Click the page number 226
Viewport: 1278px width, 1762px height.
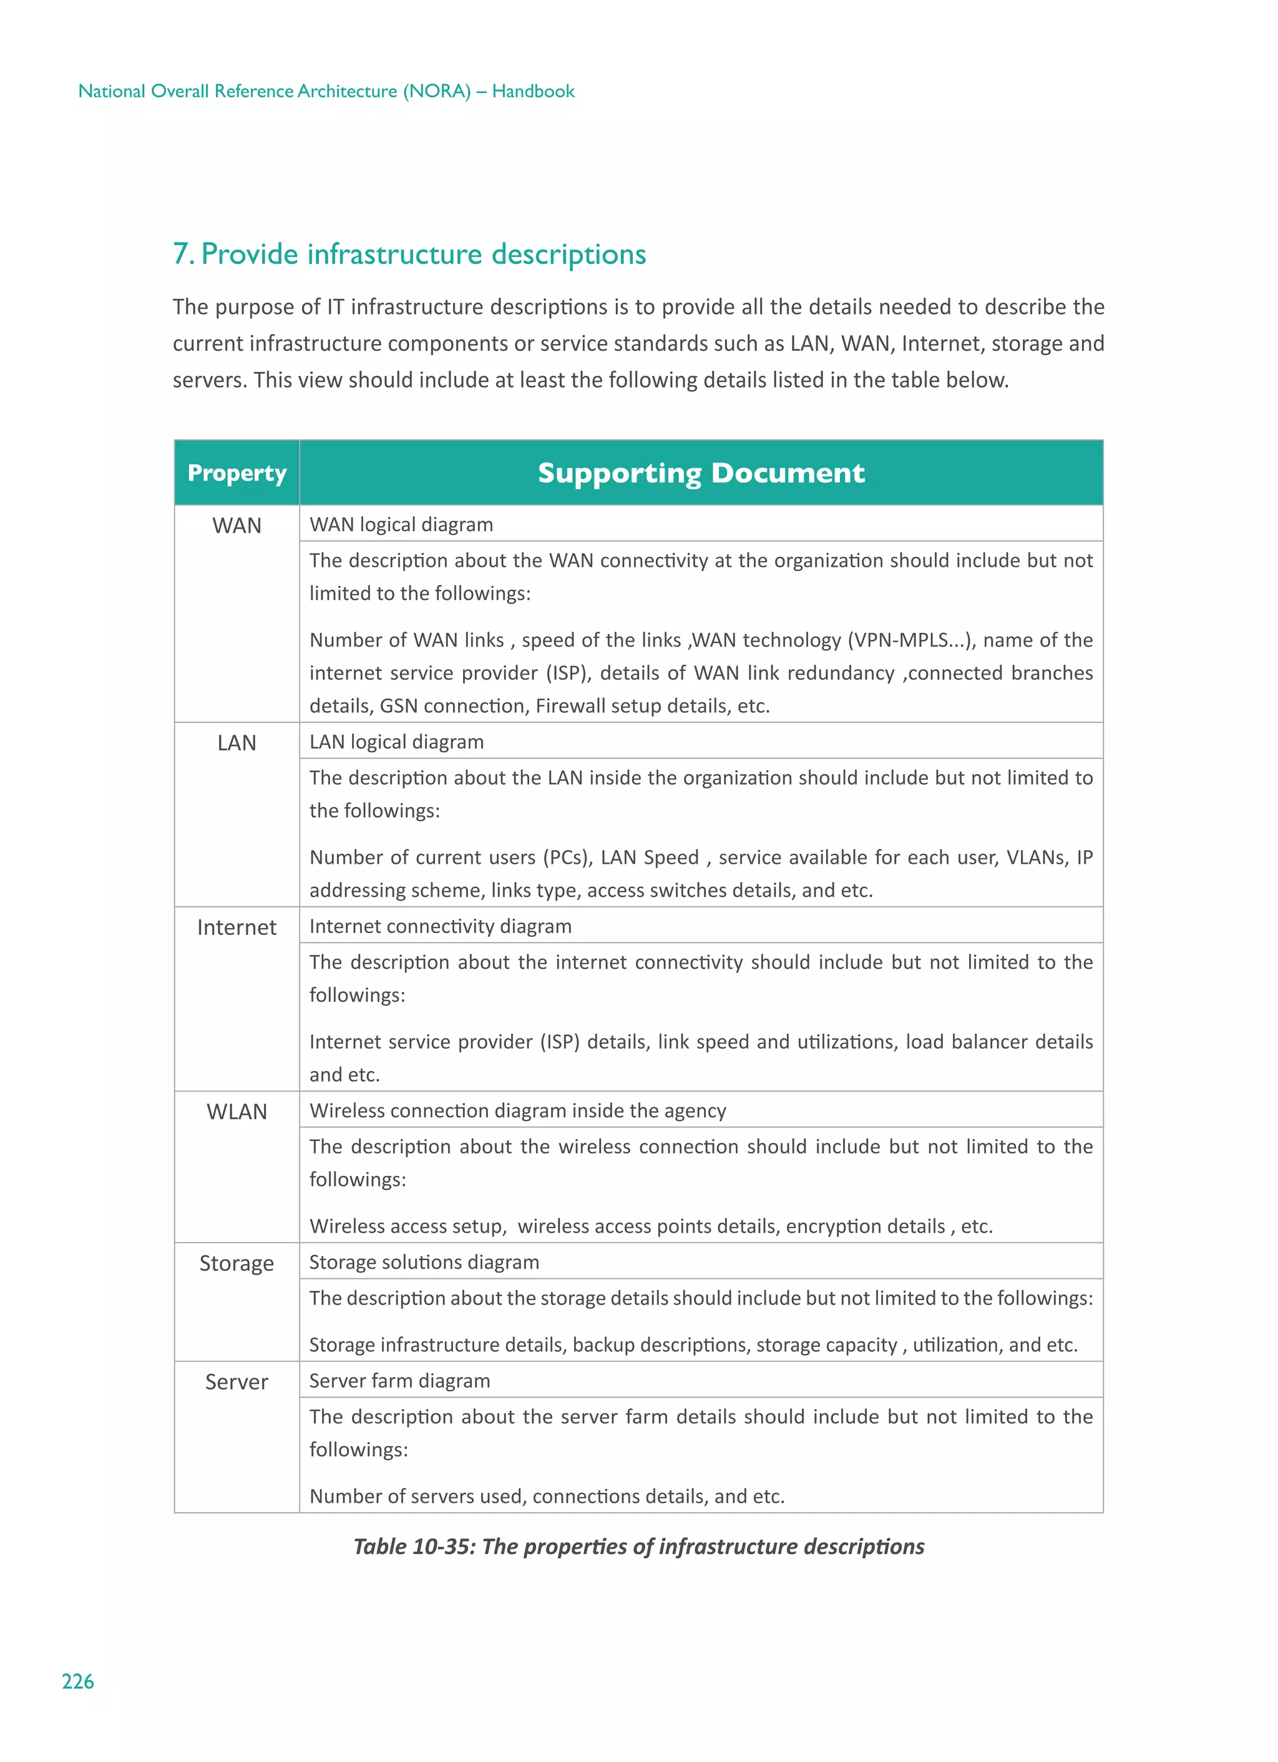[77, 1681]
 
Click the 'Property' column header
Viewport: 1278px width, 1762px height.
[237, 473]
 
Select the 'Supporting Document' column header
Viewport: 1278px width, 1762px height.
[701, 473]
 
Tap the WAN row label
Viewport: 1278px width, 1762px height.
[237, 526]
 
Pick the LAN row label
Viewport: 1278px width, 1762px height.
[237, 743]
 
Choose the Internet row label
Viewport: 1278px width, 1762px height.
[237, 927]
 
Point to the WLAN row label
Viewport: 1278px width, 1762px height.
[237, 1112]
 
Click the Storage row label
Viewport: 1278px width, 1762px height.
[237, 1263]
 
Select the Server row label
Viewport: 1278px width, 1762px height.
[237, 1382]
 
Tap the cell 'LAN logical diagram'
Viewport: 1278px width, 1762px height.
[397, 742]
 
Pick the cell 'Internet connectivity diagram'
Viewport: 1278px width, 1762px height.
[441, 926]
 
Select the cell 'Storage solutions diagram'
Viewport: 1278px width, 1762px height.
[424, 1263]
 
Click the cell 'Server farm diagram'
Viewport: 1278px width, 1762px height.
[400, 1381]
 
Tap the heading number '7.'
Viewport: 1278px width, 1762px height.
[183, 254]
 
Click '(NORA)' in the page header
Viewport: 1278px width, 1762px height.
[437, 91]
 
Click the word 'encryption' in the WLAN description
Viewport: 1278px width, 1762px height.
[833, 1226]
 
